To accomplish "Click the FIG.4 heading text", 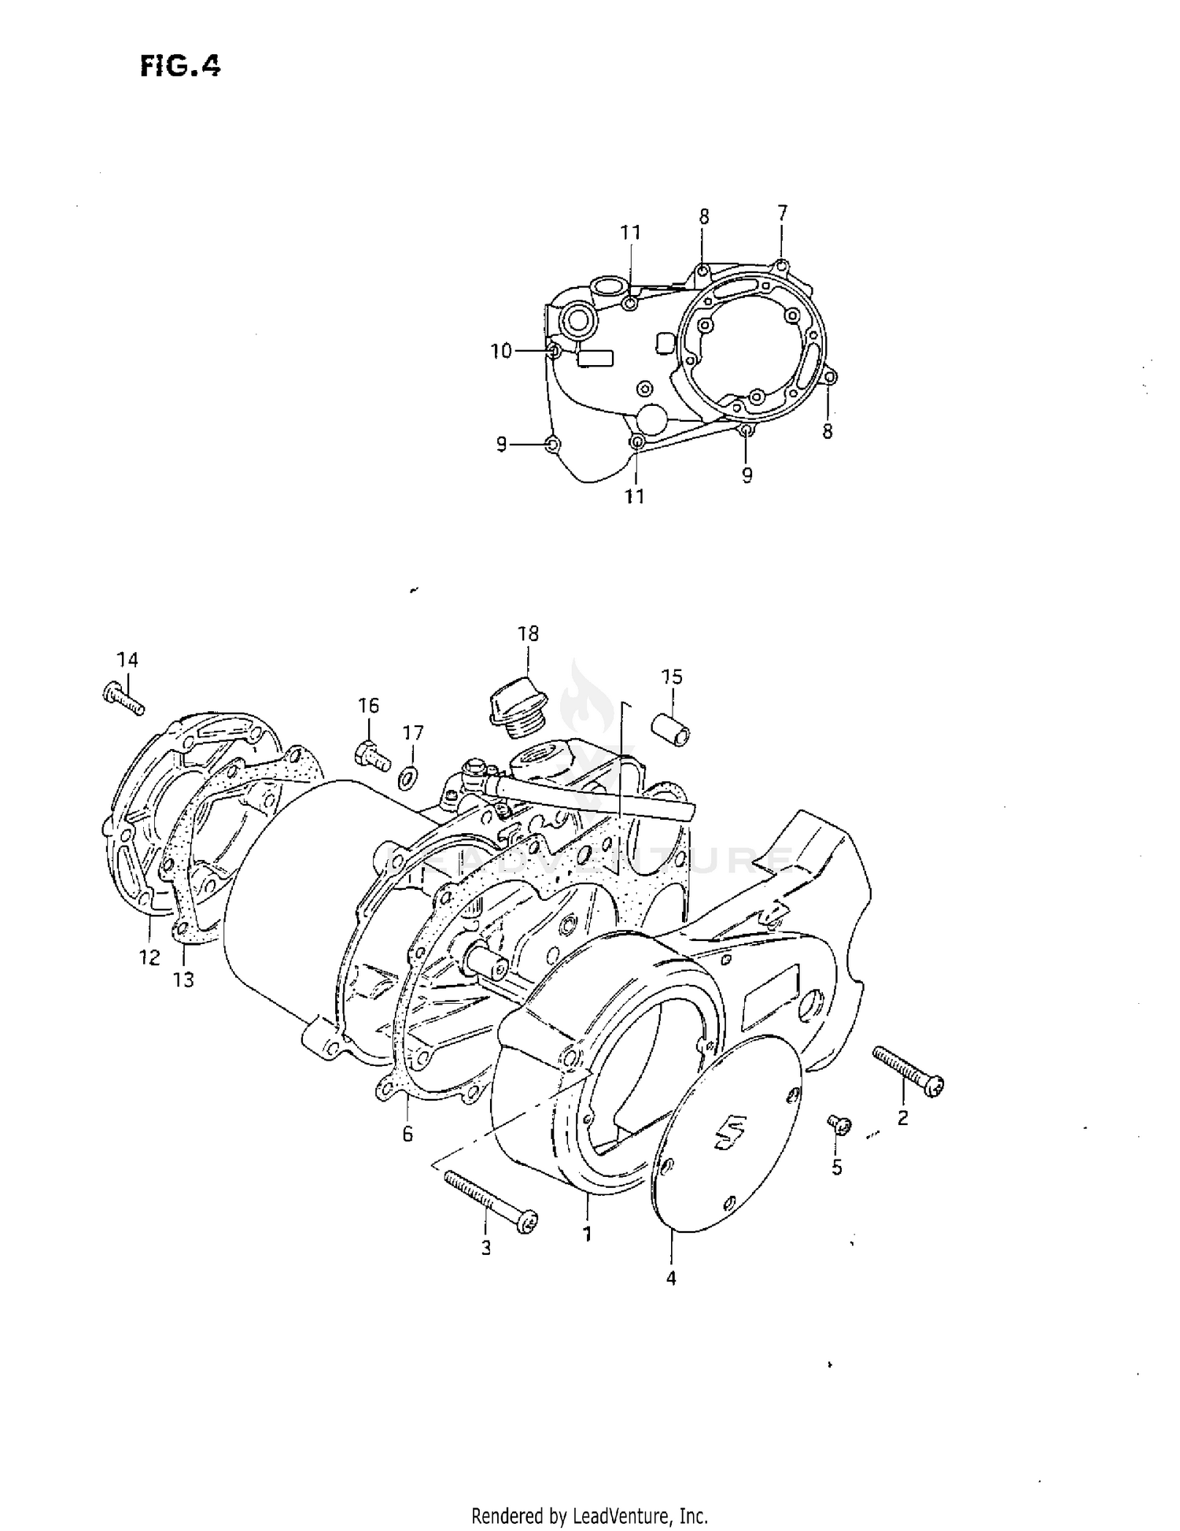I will pyautogui.click(x=180, y=67).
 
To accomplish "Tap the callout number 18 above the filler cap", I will pyautogui.click(x=528, y=633).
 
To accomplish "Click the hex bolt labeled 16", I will pyautogui.click(x=373, y=756).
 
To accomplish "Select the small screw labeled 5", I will pyautogui.click(x=839, y=1126).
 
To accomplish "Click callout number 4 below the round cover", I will pyautogui.click(x=671, y=1278).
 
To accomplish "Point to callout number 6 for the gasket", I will pyautogui.click(x=407, y=1135).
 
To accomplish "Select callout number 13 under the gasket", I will pyautogui.click(x=183, y=979).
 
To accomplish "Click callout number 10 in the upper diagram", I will pyautogui.click(x=501, y=351).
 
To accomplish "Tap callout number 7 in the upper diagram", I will pyautogui.click(x=781, y=212).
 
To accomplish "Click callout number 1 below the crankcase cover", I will pyautogui.click(x=587, y=1234).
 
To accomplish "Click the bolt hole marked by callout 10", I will pyautogui.click(x=553, y=351).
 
